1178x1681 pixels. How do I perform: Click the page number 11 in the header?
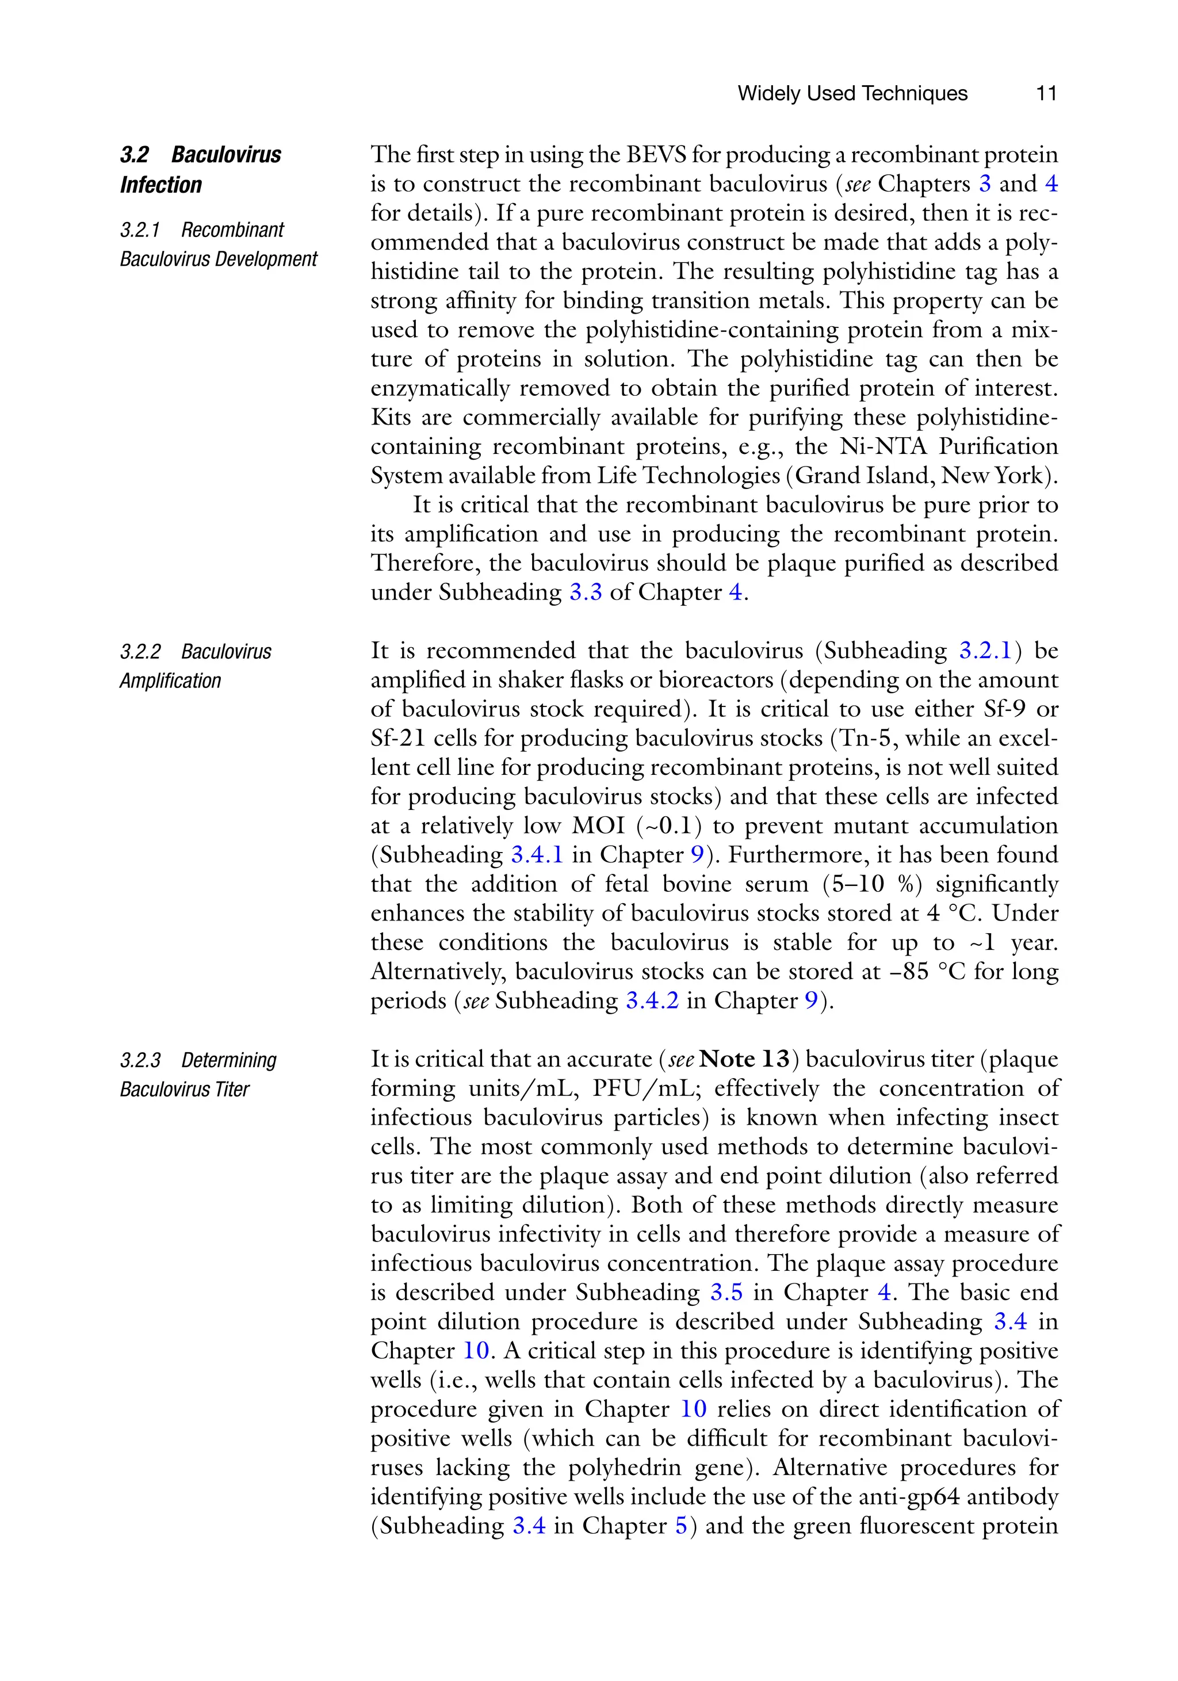pos(1046,93)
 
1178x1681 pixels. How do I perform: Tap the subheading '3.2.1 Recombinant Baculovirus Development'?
pos(218,244)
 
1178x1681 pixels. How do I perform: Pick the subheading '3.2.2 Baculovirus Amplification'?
pos(196,666)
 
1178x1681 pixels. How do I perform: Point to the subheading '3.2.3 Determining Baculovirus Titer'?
pos(198,1074)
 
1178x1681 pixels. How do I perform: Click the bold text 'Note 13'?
pos(744,1059)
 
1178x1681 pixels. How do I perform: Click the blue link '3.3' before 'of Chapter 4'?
pos(585,591)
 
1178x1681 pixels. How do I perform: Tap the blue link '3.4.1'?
pos(537,854)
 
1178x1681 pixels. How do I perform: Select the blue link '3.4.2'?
pos(652,1000)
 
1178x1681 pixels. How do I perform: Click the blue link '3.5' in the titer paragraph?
pos(726,1292)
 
